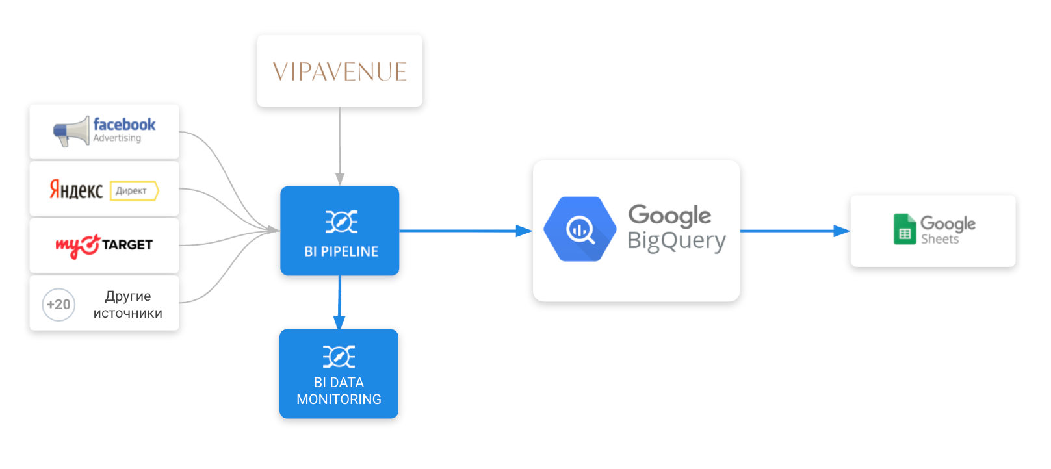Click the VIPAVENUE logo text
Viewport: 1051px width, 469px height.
pyautogui.click(x=339, y=71)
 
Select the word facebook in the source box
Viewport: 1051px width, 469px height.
pyautogui.click(x=124, y=124)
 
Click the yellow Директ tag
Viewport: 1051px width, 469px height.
pyautogui.click(x=134, y=191)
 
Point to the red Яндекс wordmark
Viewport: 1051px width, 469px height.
pyautogui.click(x=76, y=190)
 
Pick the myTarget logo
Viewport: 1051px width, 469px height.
pyautogui.click(x=104, y=246)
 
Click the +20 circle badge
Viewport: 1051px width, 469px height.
pyautogui.click(x=58, y=305)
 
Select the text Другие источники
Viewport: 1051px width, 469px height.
pyautogui.click(x=128, y=305)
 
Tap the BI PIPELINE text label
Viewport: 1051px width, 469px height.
pyautogui.click(x=341, y=252)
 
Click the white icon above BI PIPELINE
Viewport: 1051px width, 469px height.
pyautogui.click(x=341, y=222)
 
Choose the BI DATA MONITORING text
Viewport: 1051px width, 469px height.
pyautogui.click(x=339, y=391)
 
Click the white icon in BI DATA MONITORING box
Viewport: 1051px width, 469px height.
pyautogui.click(x=339, y=357)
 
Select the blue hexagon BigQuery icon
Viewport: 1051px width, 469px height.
pyautogui.click(x=579, y=229)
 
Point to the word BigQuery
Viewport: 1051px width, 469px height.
pyautogui.click(x=677, y=241)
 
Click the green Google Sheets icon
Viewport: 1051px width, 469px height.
pyautogui.click(x=904, y=229)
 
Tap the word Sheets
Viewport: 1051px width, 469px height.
pyautogui.click(x=940, y=240)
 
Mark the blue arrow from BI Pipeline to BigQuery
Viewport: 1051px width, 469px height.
pyautogui.click(x=465, y=231)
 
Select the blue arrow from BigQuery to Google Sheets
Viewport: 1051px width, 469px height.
pyautogui.click(x=794, y=231)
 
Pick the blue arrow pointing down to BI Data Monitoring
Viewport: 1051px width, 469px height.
pyautogui.click(x=339, y=303)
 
